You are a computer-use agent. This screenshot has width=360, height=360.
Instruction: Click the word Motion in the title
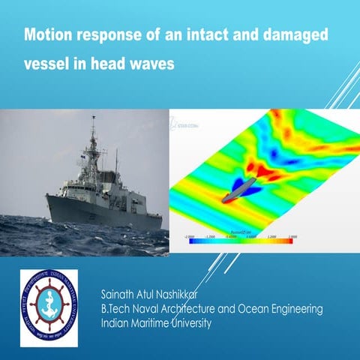[x=48, y=35]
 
